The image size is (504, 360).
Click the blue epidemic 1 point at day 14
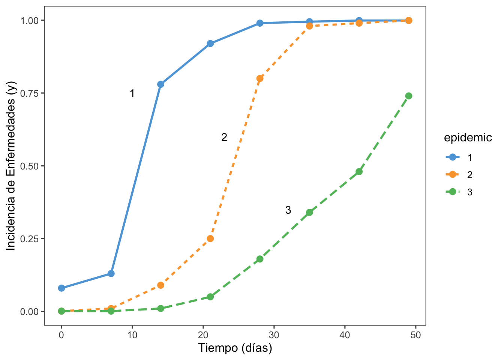pyautogui.click(x=160, y=84)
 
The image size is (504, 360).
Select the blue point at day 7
pyautogui.click(x=111, y=273)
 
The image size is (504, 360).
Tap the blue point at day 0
pyautogui.click(x=61, y=288)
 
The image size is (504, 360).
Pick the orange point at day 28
pyautogui.click(x=260, y=78)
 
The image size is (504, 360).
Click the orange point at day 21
pyautogui.click(x=210, y=238)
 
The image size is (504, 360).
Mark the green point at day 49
pyautogui.click(x=409, y=96)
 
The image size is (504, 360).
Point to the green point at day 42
pyautogui.click(x=359, y=172)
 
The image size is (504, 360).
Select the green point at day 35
pyautogui.click(x=309, y=212)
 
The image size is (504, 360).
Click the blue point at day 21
pyautogui.click(x=210, y=43)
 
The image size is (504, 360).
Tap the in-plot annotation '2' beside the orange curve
pyautogui.click(x=224, y=138)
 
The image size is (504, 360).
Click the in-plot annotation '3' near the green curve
pyautogui.click(x=288, y=210)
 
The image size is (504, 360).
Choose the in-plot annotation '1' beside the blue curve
pyautogui.click(x=132, y=94)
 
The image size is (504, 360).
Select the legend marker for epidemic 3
pyautogui.click(x=453, y=192)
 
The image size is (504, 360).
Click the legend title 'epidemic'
pyautogui.click(x=468, y=138)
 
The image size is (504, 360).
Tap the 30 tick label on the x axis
pyautogui.click(x=274, y=335)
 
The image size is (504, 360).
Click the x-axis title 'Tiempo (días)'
pyautogui.click(x=235, y=348)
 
